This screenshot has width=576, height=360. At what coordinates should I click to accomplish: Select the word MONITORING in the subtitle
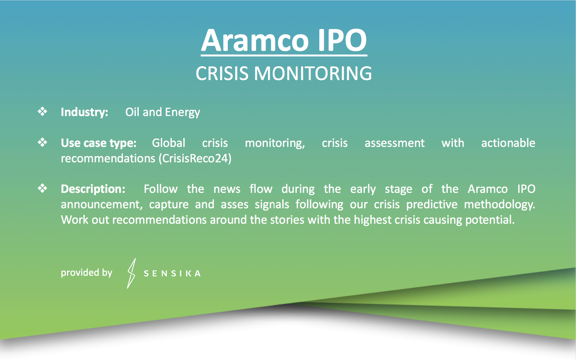tap(313, 73)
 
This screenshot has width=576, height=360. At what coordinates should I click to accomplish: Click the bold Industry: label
tap(84, 112)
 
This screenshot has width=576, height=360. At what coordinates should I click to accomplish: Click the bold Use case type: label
tap(99, 143)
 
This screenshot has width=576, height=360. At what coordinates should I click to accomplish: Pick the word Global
tap(169, 143)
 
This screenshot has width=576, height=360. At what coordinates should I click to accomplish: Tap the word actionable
tap(508, 143)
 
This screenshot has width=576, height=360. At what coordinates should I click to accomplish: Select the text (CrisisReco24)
tap(195, 158)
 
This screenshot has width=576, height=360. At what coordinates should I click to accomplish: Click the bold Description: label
tap(93, 189)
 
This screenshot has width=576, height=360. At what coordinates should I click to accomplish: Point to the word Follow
tap(161, 189)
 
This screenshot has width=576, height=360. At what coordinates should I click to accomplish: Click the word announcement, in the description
tap(102, 204)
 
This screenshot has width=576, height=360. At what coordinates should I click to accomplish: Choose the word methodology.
tap(500, 204)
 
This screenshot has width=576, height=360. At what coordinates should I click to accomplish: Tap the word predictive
tap(432, 204)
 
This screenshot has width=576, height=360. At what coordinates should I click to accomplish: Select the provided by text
tap(86, 273)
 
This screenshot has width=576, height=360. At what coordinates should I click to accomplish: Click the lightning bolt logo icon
tap(131, 274)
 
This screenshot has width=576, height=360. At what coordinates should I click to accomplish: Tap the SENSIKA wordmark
tap(172, 274)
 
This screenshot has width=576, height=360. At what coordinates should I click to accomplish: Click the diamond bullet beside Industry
tap(42, 112)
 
